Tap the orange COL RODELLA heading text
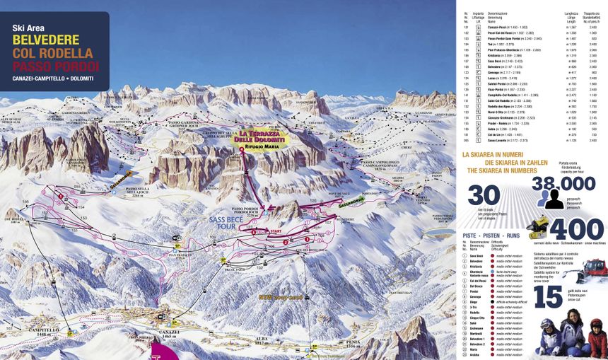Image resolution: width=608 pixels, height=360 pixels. click(x=52, y=54)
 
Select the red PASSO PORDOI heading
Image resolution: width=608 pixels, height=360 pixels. click(x=55, y=67)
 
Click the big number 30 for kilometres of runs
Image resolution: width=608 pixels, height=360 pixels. click(x=484, y=194)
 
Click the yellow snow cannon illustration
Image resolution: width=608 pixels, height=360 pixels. click(x=539, y=226)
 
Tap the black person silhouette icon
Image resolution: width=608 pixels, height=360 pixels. click(x=553, y=200)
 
